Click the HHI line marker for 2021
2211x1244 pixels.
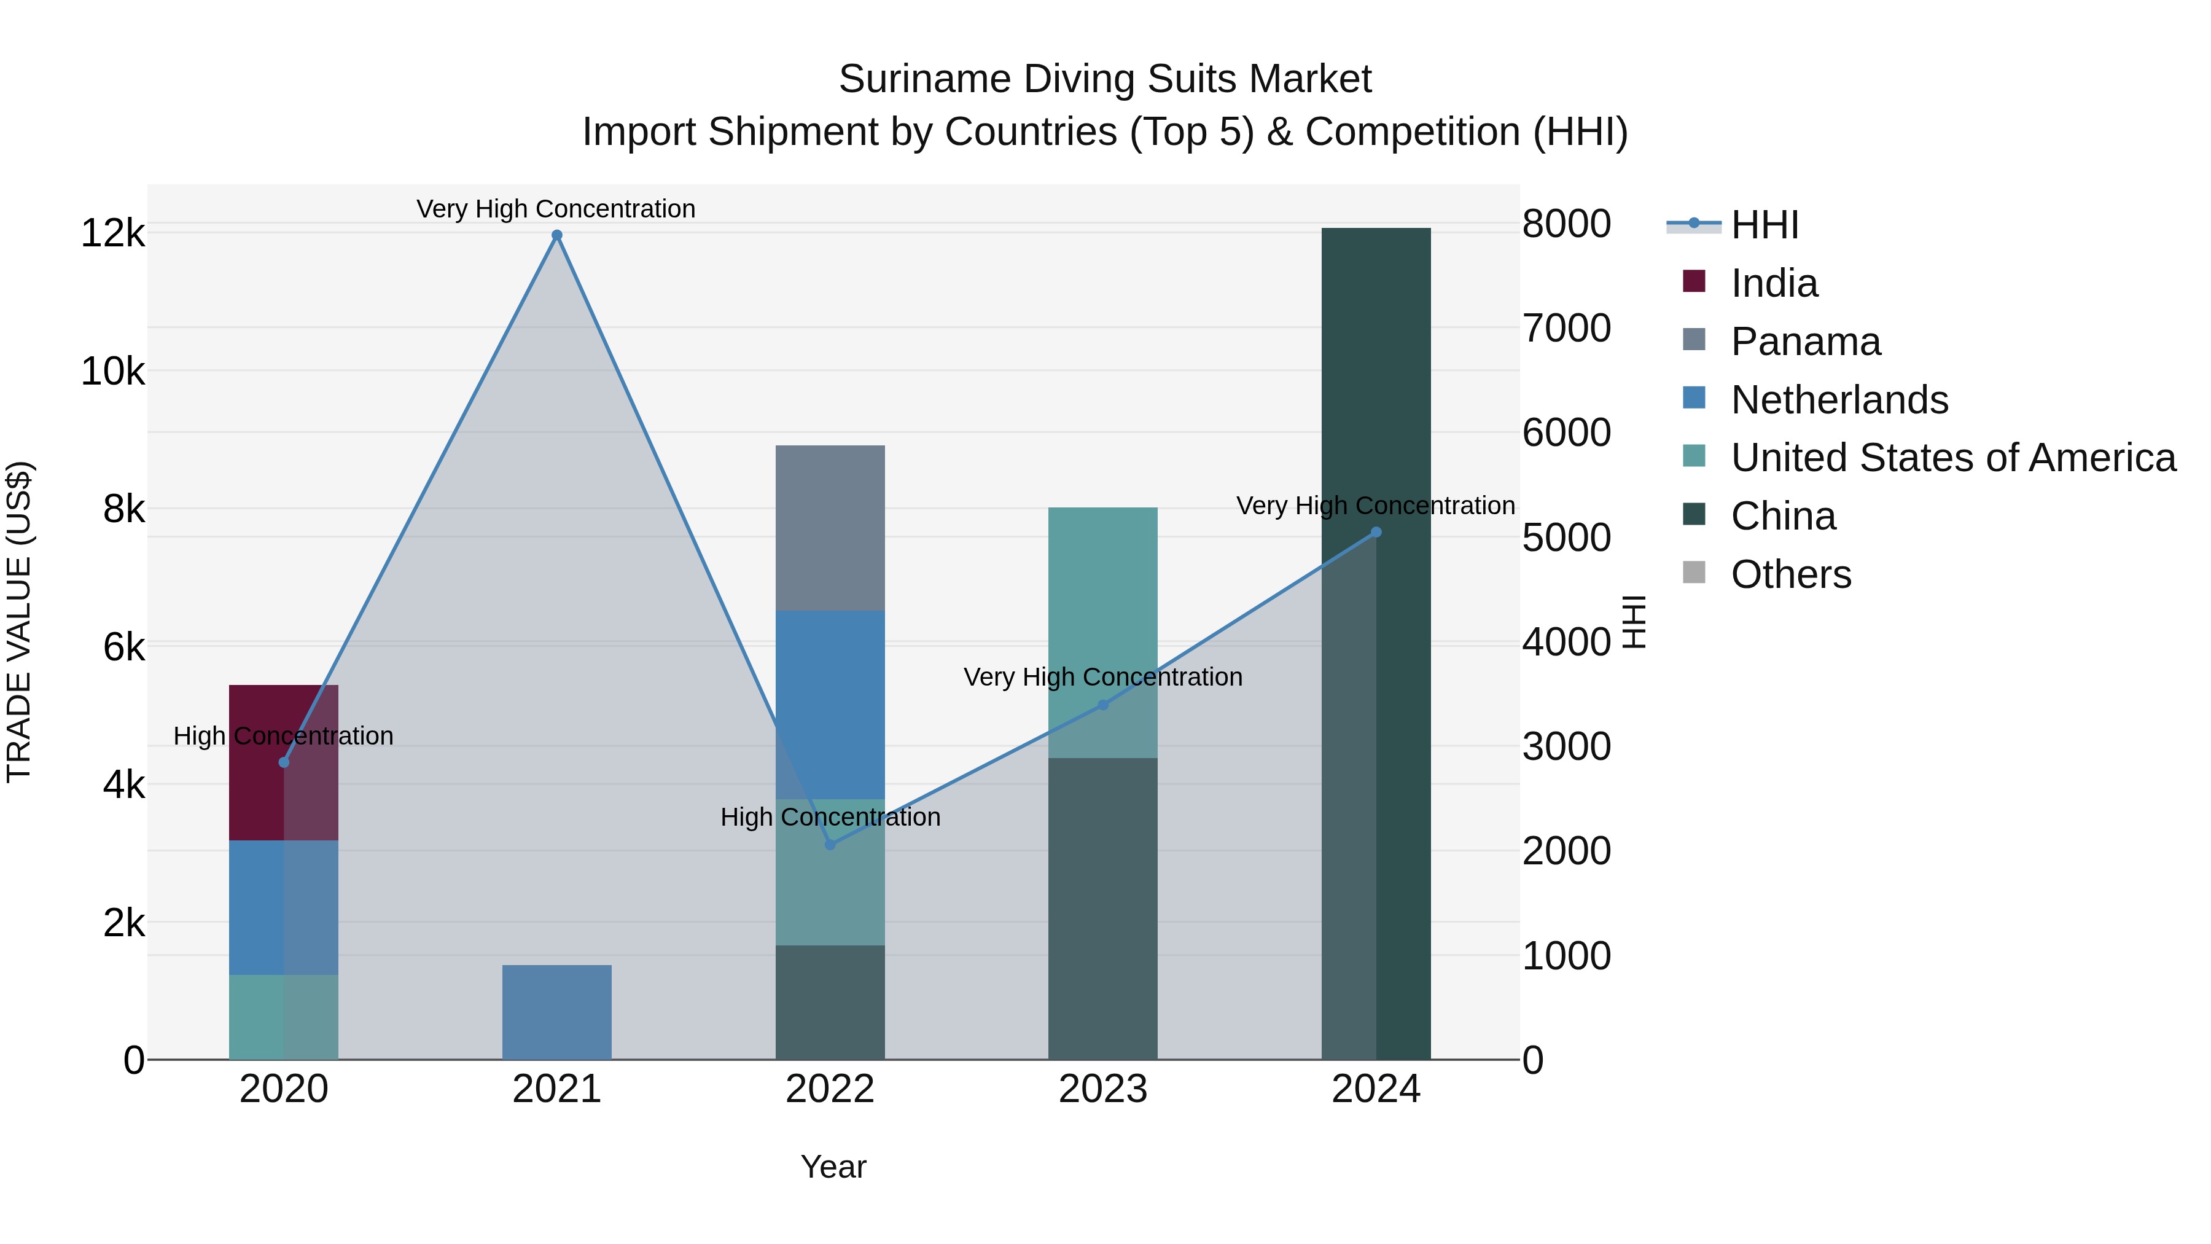point(556,235)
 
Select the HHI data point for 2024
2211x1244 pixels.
point(1376,532)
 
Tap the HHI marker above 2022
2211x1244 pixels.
point(830,845)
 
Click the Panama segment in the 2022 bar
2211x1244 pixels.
point(830,528)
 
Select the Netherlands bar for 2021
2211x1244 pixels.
point(556,1012)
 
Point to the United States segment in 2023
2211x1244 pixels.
point(1103,601)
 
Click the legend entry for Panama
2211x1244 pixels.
point(1805,342)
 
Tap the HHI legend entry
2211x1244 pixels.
point(1764,225)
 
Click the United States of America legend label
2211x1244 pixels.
point(1952,458)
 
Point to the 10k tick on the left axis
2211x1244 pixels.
point(112,372)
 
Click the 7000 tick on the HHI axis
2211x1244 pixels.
point(1566,328)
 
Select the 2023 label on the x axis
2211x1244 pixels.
point(1103,1089)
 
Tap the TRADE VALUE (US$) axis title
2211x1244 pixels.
point(19,622)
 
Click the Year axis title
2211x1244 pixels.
point(833,1167)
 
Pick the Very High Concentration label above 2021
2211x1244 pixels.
point(556,209)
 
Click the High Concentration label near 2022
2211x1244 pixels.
point(830,816)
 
